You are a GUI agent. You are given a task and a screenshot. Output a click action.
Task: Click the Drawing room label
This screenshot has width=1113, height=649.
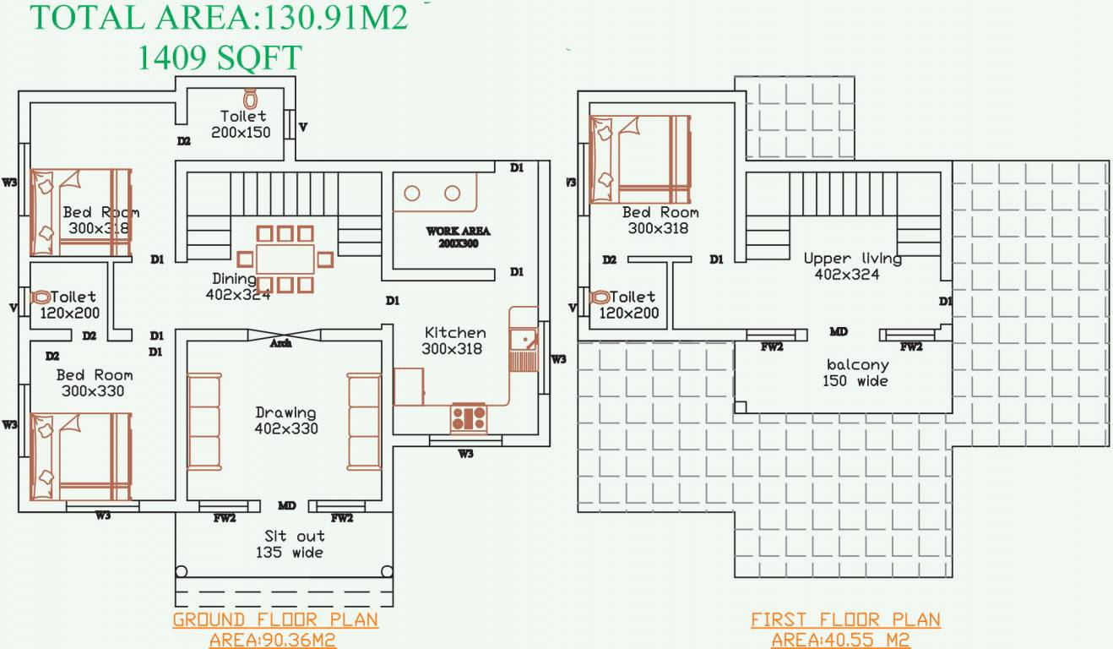click(285, 413)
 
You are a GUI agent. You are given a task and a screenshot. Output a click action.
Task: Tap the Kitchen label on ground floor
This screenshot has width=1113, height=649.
click(454, 333)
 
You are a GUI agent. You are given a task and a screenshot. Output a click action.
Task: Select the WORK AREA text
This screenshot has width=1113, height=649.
click(458, 231)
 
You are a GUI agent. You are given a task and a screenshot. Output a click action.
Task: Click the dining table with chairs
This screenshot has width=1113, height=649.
click(285, 259)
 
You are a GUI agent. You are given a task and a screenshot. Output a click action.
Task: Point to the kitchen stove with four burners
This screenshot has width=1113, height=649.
click(468, 417)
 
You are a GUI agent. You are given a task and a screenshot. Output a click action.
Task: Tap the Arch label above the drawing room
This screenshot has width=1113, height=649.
click(280, 344)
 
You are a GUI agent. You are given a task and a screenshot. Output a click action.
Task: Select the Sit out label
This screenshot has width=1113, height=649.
click(294, 536)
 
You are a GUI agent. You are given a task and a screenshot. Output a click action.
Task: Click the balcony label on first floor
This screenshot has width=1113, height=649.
click(857, 365)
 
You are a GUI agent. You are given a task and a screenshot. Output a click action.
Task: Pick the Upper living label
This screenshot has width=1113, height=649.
click(852, 259)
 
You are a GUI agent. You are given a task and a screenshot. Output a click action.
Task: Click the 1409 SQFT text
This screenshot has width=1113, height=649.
click(219, 58)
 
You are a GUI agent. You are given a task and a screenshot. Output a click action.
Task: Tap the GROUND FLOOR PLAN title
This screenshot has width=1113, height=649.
click(275, 619)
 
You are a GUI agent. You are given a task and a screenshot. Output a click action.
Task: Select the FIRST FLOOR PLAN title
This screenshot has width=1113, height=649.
click(845, 619)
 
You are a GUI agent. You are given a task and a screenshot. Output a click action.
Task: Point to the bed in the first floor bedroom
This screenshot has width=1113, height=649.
click(639, 160)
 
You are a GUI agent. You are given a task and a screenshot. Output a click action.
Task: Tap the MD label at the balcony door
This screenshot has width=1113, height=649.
click(839, 332)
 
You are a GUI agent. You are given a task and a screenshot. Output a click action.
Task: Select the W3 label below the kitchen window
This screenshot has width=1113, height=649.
click(465, 454)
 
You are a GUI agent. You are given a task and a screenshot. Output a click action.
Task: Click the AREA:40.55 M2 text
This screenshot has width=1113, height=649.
click(840, 640)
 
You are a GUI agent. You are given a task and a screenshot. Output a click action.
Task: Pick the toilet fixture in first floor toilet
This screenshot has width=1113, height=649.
click(600, 297)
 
